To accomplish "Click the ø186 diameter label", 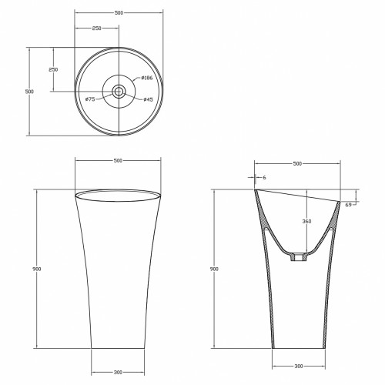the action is click(x=146, y=78).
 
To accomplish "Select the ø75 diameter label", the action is click(x=90, y=99).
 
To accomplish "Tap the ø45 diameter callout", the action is click(x=148, y=99).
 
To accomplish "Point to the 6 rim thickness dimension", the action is click(x=264, y=177).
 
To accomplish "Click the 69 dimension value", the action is click(x=348, y=205).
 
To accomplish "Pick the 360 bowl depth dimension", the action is click(x=306, y=221).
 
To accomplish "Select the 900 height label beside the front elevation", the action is click(x=37, y=269).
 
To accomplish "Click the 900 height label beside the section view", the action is click(x=214, y=269).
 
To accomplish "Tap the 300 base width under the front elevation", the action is click(x=118, y=372).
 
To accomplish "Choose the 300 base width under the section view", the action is click(x=299, y=367).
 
